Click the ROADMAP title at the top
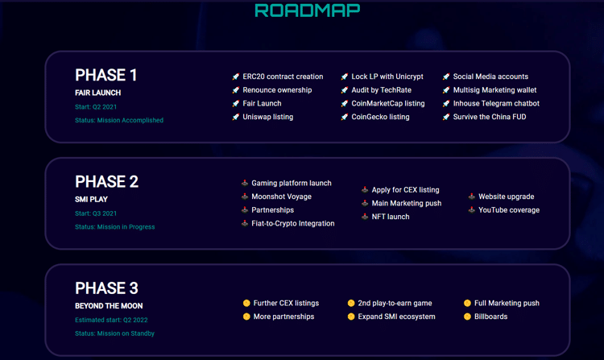pyautogui.click(x=308, y=10)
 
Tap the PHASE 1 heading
pyautogui.click(x=106, y=75)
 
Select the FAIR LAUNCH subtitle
pyautogui.click(x=97, y=93)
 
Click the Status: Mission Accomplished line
pyautogui.click(x=119, y=120)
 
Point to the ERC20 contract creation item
pyautogui.click(x=283, y=77)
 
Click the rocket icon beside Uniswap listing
pyautogui.click(x=236, y=117)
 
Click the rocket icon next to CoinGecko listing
pyautogui.click(x=345, y=117)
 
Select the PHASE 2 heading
pyautogui.click(x=106, y=182)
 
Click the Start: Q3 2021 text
pyautogui.click(x=96, y=213)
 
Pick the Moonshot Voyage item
pyautogui.click(x=282, y=197)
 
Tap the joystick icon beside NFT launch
pyautogui.click(x=365, y=217)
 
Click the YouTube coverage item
pyautogui.click(x=509, y=210)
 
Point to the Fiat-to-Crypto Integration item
pyautogui.click(x=293, y=224)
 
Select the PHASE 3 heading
pyautogui.click(x=106, y=288)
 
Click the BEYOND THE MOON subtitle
pyautogui.click(x=109, y=306)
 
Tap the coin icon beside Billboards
pyautogui.click(x=467, y=317)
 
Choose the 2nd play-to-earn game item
pyautogui.click(x=395, y=304)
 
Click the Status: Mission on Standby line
pyautogui.click(x=115, y=333)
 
